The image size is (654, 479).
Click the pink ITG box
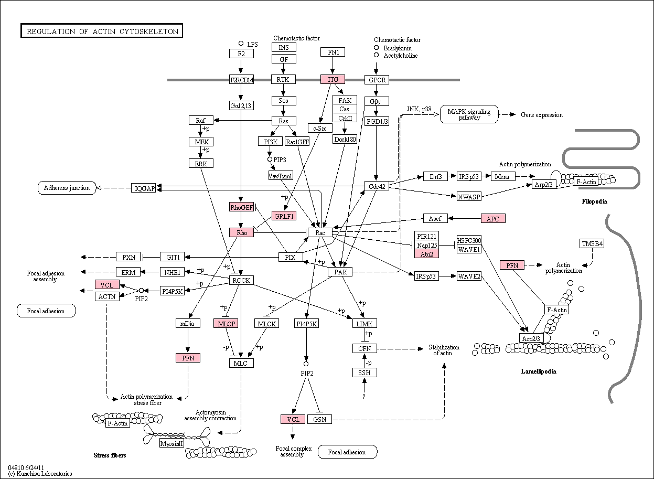(x=333, y=79)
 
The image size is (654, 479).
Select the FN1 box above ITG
(x=333, y=52)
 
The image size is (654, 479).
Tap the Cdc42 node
(x=377, y=186)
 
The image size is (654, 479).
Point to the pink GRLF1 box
(x=284, y=216)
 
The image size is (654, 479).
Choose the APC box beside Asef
(x=493, y=218)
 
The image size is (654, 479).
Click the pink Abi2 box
(x=426, y=254)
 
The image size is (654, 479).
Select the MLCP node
(x=226, y=324)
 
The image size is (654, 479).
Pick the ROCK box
(x=241, y=280)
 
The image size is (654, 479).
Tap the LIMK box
(x=364, y=324)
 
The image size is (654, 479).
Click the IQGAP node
(x=143, y=188)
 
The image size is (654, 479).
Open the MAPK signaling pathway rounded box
(x=469, y=114)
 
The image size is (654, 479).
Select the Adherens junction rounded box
(x=67, y=188)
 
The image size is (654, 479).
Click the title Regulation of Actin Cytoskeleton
(x=102, y=30)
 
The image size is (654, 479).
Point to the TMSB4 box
(x=592, y=243)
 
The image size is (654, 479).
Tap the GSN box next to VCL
(x=320, y=419)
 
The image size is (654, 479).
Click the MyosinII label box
(x=171, y=443)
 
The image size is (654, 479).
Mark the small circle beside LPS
(x=241, y=44)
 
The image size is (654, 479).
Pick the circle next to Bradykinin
(x=377, y=48)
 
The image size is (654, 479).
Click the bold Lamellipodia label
(x=539, y=371)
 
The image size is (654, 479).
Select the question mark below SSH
(x=364, y=397)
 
